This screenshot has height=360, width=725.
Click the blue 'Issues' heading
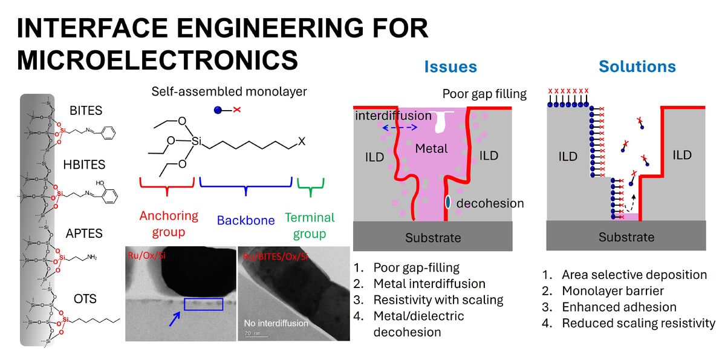[450, 67]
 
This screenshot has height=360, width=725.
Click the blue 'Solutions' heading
[637, 67]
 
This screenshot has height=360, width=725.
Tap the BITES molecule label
[85, 111]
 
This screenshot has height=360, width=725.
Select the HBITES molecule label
[85, 165]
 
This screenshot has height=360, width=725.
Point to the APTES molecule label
[85, 234]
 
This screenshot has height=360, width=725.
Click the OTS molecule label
[85, 299]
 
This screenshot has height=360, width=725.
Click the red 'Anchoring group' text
[169, 224]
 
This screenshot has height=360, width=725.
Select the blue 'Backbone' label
[245, 220]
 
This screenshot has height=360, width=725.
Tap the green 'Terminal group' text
[310, 225]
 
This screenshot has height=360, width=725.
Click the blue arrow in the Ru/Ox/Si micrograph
[175, 318]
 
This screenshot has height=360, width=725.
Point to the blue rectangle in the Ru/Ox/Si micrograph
[204, 304]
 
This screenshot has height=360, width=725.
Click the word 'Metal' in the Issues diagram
[432, 148]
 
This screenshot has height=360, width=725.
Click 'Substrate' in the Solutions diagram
[626, 237]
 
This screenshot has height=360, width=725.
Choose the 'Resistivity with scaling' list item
[438, 299]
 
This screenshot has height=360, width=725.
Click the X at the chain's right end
[302, 142]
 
